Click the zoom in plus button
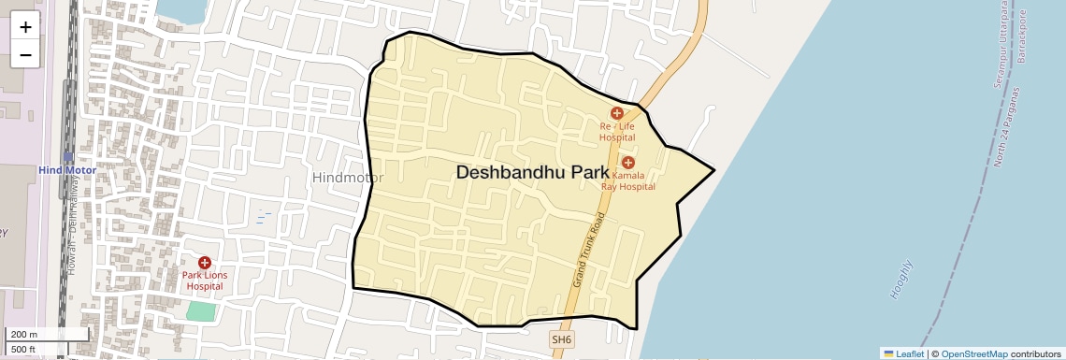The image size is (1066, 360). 25,27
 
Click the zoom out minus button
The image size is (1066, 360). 25,55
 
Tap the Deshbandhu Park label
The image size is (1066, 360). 532,173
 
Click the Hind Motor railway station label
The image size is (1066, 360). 68,170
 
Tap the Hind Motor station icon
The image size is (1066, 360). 68,156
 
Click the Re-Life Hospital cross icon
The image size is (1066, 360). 617,113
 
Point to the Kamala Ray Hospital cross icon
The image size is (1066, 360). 628,163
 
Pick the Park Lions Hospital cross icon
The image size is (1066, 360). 205,263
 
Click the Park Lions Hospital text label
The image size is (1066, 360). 205,281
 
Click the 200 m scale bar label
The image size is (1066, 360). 24,335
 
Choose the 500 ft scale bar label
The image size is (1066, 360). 24,350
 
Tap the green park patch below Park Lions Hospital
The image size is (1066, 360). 200,310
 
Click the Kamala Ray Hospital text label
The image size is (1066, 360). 634,180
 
